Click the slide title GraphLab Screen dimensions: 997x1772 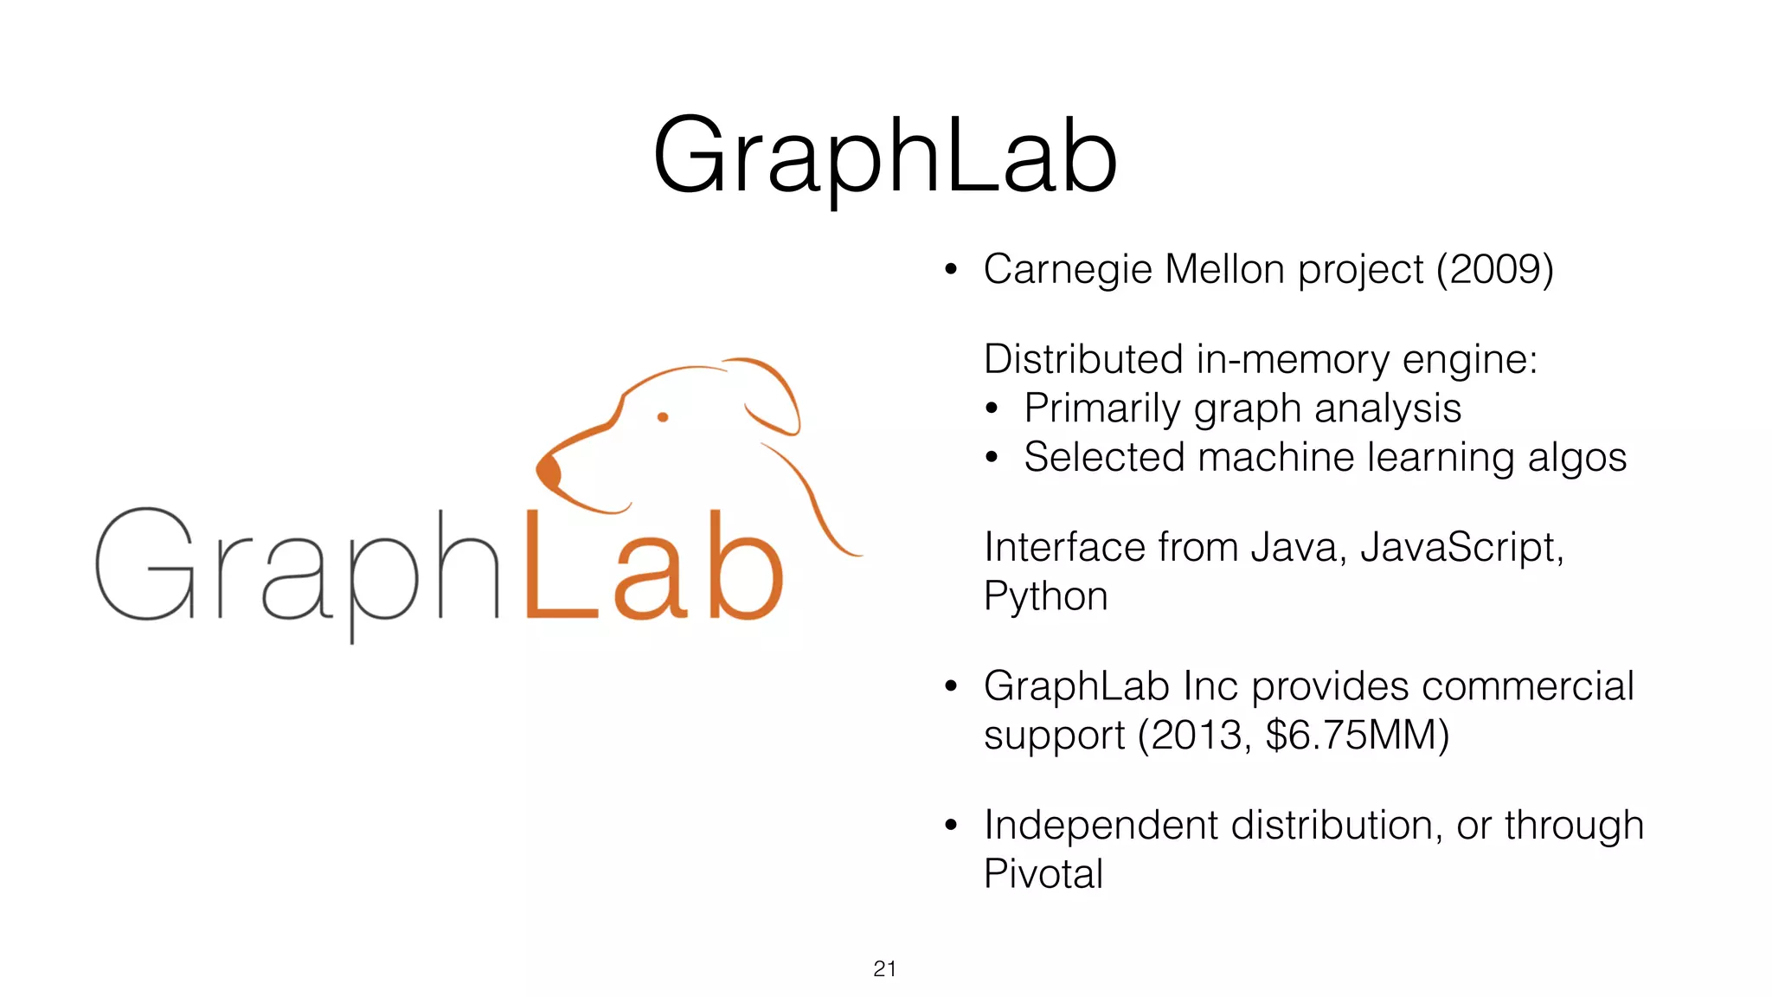coord(885,157)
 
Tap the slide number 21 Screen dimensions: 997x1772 coord(884,968)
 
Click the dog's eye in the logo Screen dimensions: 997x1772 coord(663,417)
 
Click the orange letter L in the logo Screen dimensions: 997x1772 coord(558,567)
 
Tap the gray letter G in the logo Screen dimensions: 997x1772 coord(144,564)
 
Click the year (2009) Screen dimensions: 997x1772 coord(1494,269)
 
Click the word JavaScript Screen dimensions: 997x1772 coord(1461,548)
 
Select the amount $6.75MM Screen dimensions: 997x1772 coord(1356,736)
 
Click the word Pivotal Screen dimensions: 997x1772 coord(1043,874)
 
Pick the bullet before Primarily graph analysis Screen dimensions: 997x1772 coord(992,408)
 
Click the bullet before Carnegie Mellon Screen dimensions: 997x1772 coord(951,270)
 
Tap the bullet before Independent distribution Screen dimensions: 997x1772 coord(951,826)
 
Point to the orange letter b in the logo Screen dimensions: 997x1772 coord(745,567)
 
